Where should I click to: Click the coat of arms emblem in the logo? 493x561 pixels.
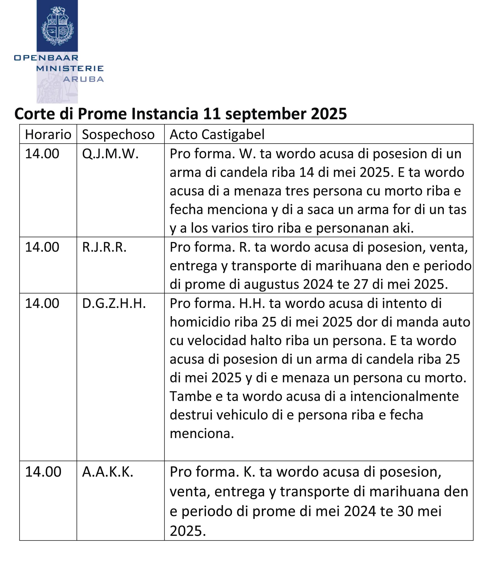click(57, 26)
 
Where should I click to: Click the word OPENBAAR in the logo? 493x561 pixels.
click(46, 58)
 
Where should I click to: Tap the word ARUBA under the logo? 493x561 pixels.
click(83, 79)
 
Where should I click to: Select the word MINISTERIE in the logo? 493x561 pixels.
click(70, 68)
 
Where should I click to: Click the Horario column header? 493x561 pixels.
click(48, 135)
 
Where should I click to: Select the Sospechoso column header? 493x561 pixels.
click(118, 135)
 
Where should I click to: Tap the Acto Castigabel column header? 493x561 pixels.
click(217, 135)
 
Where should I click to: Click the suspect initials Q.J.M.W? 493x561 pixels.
click(110, 154)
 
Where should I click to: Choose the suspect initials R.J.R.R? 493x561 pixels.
click(104, 247)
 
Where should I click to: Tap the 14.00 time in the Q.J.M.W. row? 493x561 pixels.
click(42, 154)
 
